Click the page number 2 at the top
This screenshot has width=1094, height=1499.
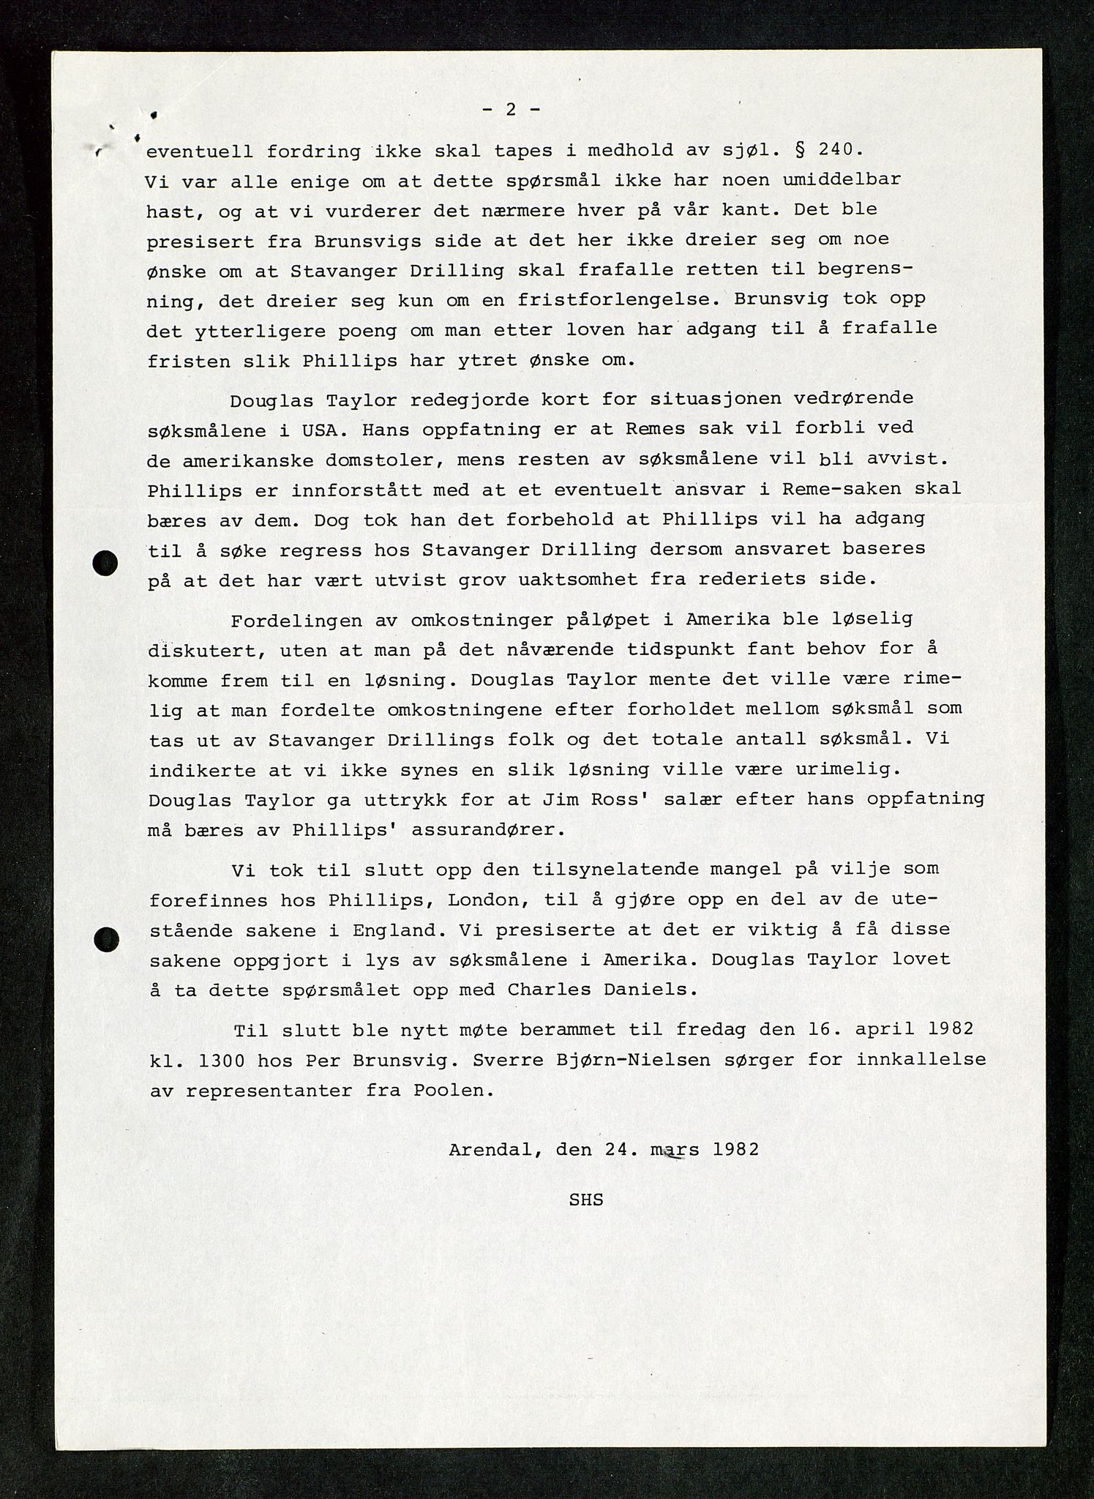pyautogui.click(x=512, y=110)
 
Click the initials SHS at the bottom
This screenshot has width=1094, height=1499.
pyautogui.click(x=585, y=1200)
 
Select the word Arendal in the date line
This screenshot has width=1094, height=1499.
pyautogui.click(x=495, y=1150)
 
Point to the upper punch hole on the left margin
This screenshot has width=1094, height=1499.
pyautogui.click(x=105, y=563)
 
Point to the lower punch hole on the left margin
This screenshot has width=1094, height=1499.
pyautogui.click(x=107, y=939)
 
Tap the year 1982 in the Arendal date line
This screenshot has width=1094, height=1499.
pyautogui.click(x=735, y=1150)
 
